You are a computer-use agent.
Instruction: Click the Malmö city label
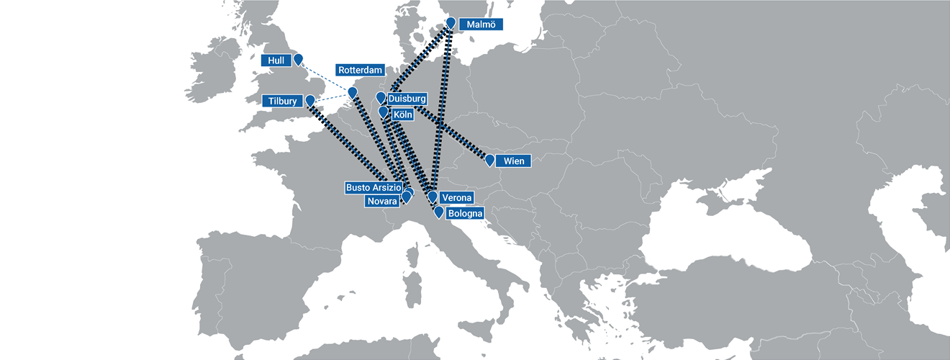(x=481, y=24)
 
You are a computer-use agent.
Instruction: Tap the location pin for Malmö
(x=451, y=23)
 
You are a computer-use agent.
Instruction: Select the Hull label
(x=276, y=61)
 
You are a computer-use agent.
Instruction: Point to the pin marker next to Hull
(x=298, y=59)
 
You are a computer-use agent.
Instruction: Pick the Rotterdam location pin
(x=352, y=92)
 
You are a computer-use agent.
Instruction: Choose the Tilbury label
(x=280, y=102)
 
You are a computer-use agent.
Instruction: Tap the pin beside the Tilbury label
(x=310, y=100)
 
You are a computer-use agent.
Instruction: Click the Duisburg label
(x=407, y=99)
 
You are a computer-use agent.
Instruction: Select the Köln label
(x=402, y=114)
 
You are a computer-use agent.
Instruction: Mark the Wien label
(x=513, y=161)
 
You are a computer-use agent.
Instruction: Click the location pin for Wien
(x=489, y=159)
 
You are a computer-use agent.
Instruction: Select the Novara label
(x=381, y=202)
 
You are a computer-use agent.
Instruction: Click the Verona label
(x=456, y=198)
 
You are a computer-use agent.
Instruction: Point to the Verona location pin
(x=433, y=196)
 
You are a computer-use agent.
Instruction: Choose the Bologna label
(x=465, y=214)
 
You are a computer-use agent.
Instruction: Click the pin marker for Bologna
(x=438, y=212)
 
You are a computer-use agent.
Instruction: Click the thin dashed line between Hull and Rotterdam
(x=325, y=77)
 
